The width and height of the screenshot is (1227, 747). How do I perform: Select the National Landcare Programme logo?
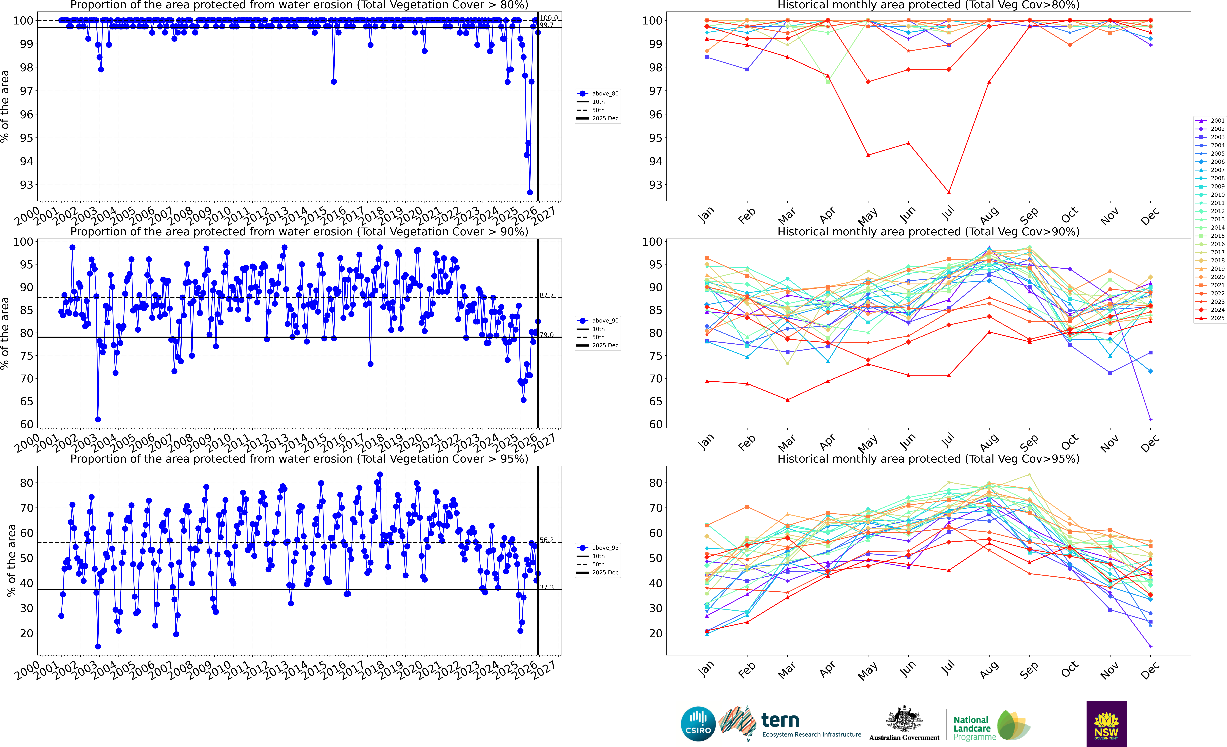pyautogui.click(x=991, y=727)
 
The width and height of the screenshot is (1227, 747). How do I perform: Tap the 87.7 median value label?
pyautogui.click(x=547, y=295)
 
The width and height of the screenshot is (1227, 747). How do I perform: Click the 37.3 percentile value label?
pyautogui.click(x=547, y=588)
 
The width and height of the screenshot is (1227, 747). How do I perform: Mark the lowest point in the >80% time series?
pyautogui.click(x=530, y=192)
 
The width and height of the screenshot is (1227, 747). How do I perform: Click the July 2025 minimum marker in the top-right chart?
pyautogui.click(x=949, y=192)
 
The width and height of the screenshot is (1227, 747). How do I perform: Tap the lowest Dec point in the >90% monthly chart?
pyautogui.click(x=1150, y=419)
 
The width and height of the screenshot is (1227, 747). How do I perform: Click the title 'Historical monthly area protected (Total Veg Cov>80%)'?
pyautogui.click(x=928, y=5)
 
